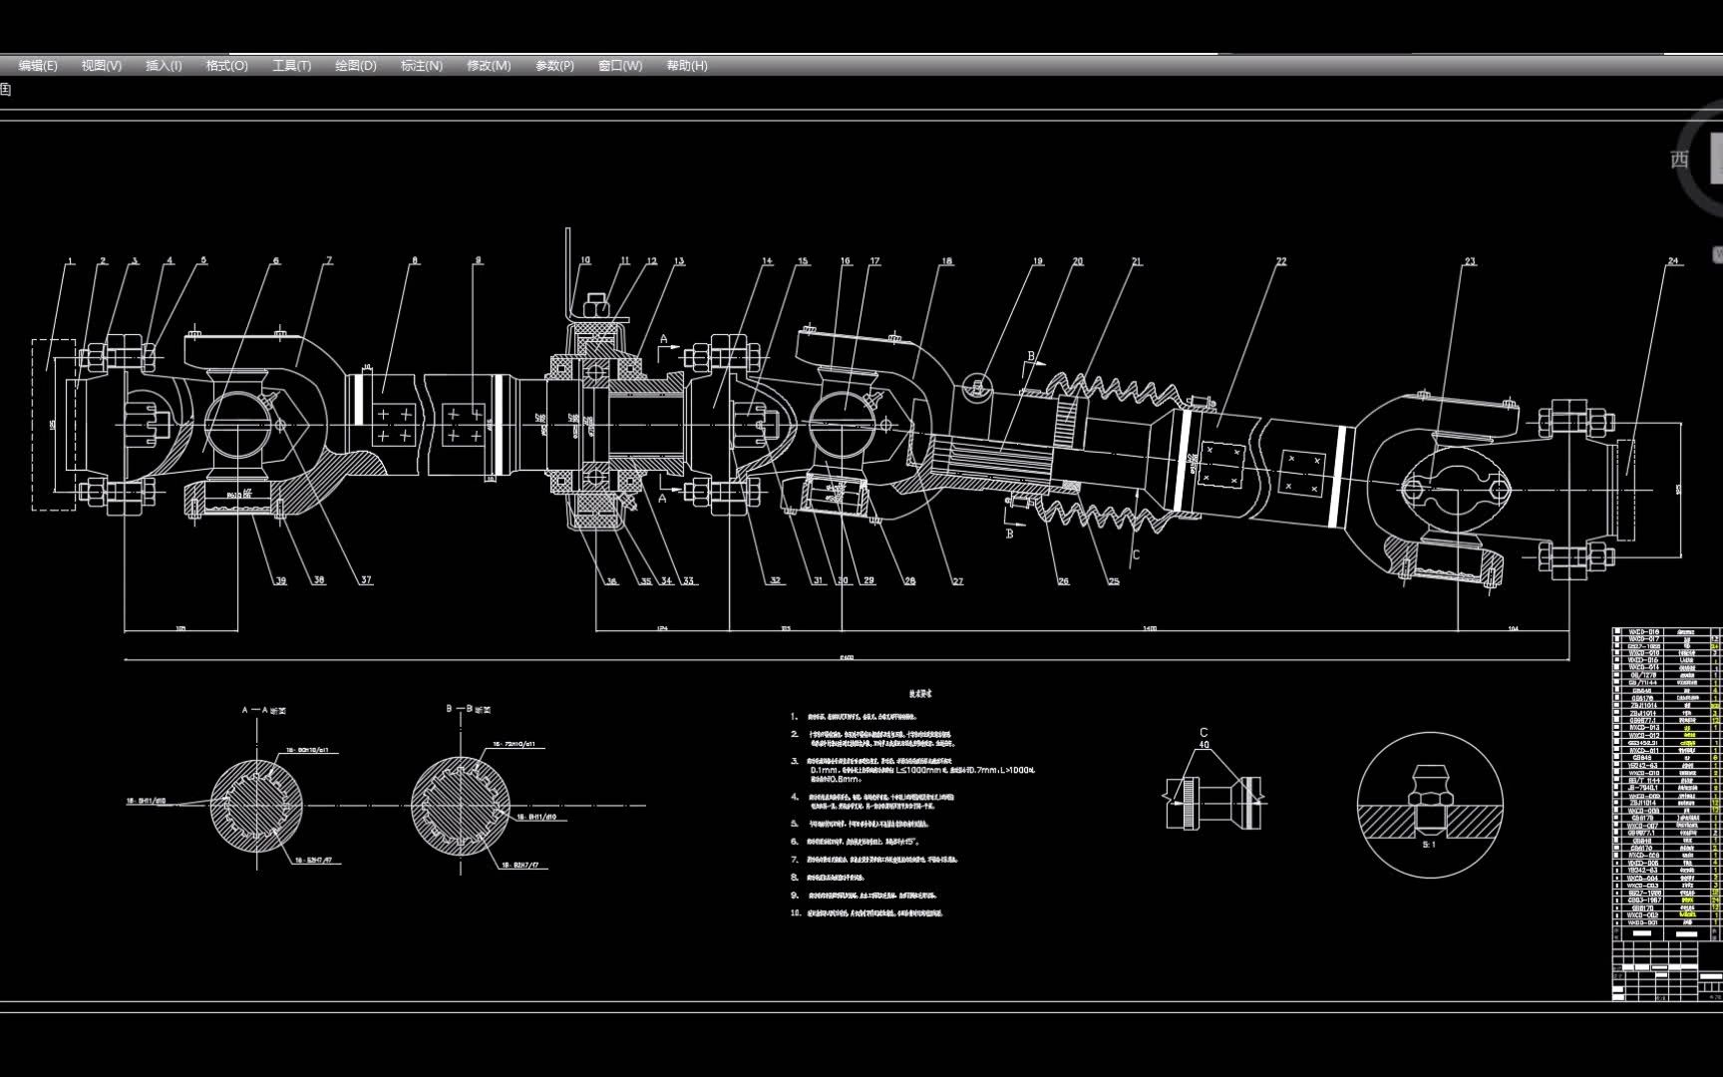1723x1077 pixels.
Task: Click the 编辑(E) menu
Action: coord(38,66)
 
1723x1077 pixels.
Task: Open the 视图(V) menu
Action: coord(102,66)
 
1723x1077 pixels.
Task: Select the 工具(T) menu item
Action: coord(291,66)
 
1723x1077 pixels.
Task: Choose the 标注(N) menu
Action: coord(421,66)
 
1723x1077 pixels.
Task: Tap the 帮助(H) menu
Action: coord(687,66)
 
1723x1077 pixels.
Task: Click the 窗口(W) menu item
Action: coord(620,66)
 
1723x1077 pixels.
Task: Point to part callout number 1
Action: coord(70,262)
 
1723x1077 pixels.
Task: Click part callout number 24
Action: coord(1673,261)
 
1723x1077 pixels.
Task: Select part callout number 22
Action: coord(1281,261)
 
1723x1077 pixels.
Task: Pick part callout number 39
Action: coord(281,580)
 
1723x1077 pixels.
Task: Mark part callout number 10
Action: coord(585,260)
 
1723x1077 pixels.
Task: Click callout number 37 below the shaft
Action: coord(366,580)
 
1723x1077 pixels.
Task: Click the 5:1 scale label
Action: coord(1429,845)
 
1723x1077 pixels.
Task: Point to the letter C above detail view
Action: coord(1204,733)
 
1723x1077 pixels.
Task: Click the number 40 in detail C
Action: coord(1204,745)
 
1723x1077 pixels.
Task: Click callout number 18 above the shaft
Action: coord(946,261)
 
